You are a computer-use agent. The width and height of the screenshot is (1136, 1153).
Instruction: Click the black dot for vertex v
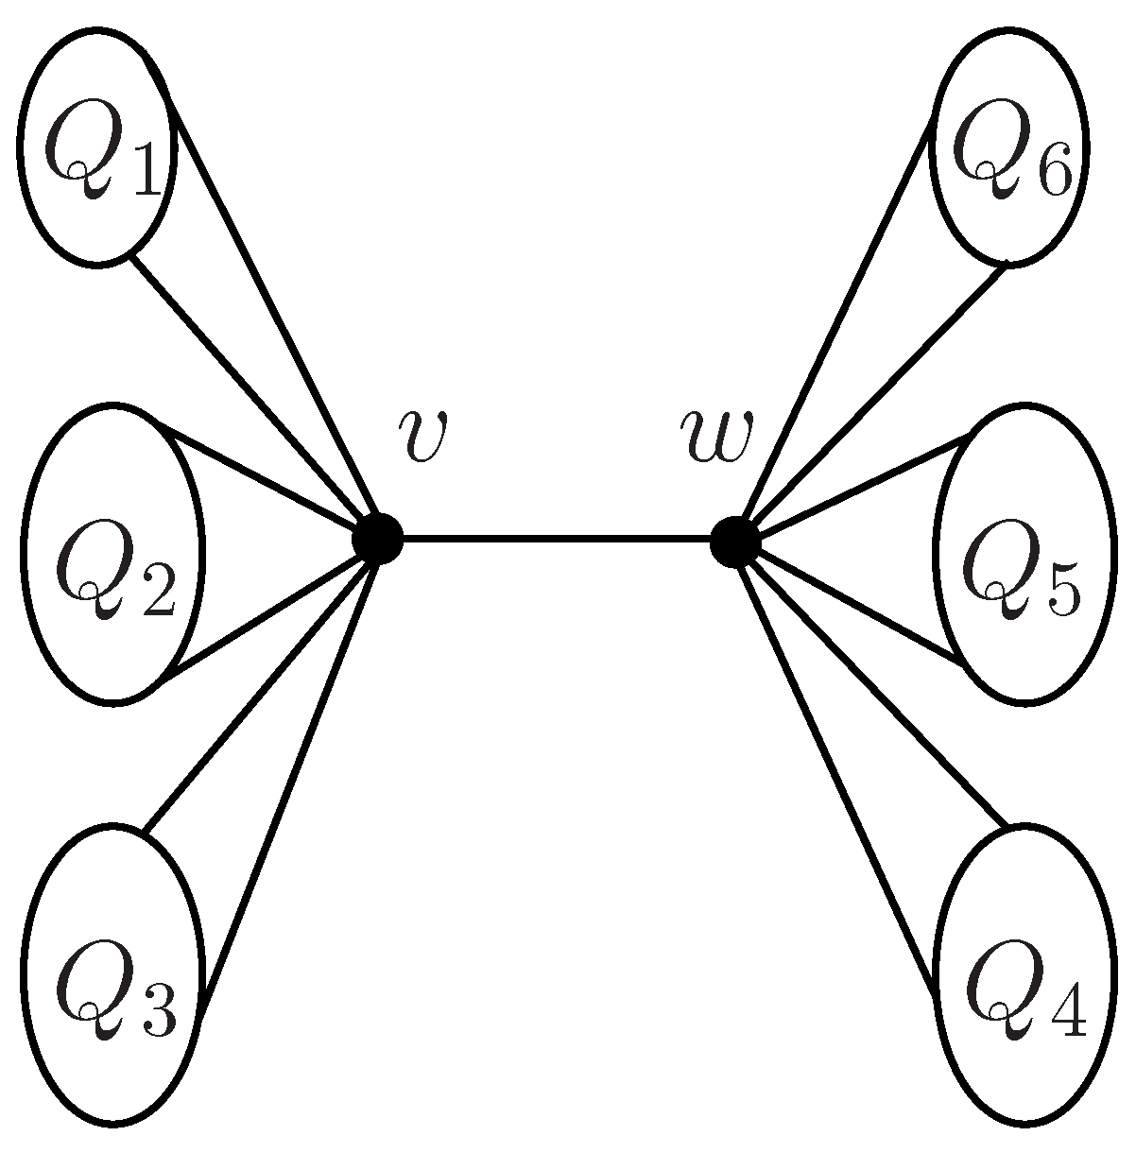[x=377, y=539]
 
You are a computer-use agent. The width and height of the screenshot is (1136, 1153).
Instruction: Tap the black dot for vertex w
[x=735, y=542]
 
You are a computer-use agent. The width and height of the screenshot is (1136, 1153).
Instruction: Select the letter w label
[x=715, y=436]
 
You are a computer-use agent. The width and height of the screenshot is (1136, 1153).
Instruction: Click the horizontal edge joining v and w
[x=556, y=540]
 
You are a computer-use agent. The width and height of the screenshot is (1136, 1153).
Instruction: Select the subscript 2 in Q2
[x=152, y=591]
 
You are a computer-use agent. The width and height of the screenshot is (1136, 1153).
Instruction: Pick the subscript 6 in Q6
[x=1050, y=172]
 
